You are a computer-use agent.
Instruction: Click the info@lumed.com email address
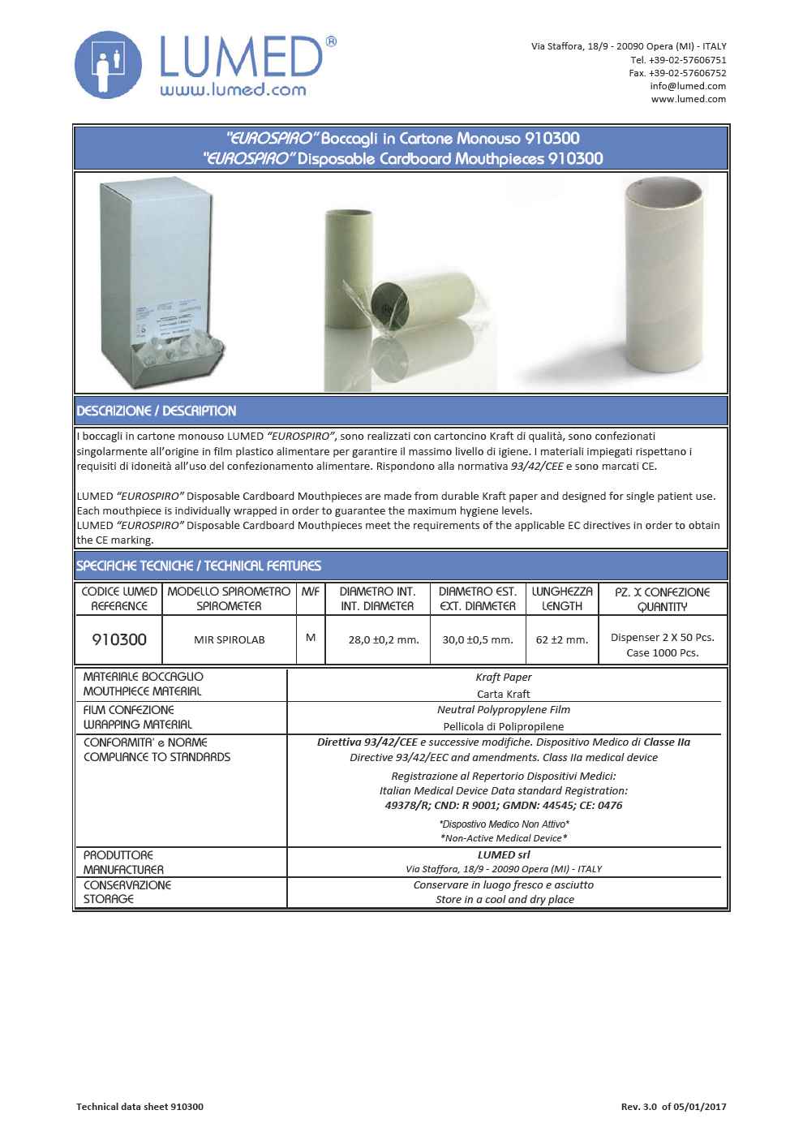tap(688, 86)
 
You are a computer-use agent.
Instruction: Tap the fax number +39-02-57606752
tap(677, 73)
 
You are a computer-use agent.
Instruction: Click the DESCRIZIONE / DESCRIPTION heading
tap(157, 411)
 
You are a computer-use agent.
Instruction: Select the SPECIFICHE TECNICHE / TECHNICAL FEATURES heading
tap(199, 566)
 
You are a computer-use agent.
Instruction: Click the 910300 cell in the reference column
tap(119, 639)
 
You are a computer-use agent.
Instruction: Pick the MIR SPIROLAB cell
tap(229, 639)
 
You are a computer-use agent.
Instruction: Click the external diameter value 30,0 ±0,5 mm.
tap(478, 639)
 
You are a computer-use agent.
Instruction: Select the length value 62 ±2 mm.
tap(562, 639)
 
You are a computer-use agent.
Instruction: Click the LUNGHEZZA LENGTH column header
tap(562, 599)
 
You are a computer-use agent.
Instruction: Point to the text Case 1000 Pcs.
tap(663, 652)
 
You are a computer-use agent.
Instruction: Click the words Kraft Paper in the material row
tap(504, 677)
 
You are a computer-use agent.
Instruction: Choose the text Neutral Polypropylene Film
tap(504, 709)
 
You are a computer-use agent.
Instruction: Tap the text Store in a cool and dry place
tap(505, 899)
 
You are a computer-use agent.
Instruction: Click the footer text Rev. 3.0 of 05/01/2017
tap(673, 1107)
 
